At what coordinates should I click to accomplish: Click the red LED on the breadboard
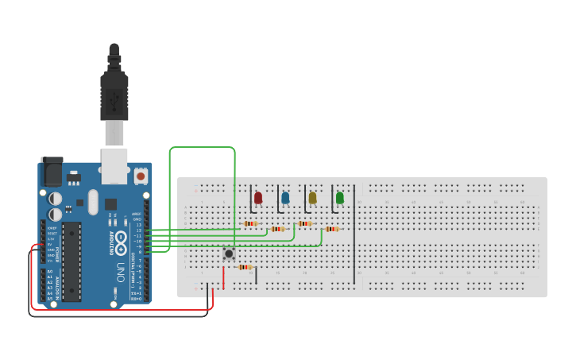258,197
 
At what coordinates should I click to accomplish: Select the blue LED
285,197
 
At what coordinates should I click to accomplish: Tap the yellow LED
312,197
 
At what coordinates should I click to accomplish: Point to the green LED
340,197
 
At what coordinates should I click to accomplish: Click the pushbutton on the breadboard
229,254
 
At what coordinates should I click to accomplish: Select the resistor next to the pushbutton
245,267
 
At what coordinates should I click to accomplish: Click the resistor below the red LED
251,223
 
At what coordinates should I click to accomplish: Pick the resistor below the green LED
331,229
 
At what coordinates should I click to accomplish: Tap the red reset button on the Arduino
141,176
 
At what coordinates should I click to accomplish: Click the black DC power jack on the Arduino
52,171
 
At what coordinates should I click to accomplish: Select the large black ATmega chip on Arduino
72,261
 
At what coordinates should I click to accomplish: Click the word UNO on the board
121,266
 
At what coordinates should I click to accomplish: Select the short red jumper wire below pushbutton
223,277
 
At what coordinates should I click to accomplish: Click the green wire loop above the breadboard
203,148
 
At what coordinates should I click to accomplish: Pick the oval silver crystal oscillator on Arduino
93,202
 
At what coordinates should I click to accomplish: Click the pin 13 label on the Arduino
139,225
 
